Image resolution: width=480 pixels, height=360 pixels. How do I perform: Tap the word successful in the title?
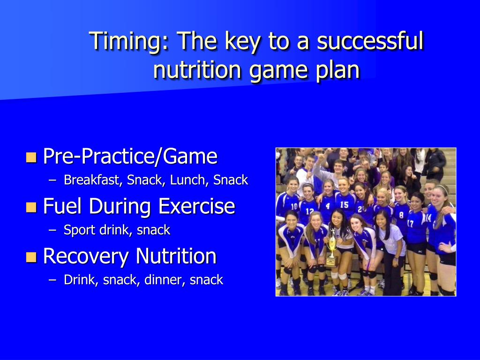370,40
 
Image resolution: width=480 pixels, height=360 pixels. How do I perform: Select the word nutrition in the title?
197,70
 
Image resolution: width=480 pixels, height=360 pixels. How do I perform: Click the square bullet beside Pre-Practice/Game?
31,157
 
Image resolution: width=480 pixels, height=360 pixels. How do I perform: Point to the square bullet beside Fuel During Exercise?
31,207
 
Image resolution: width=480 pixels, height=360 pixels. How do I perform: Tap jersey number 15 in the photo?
344,204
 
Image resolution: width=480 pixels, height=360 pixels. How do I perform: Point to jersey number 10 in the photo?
294,206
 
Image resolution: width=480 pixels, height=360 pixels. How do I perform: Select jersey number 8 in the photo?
401,215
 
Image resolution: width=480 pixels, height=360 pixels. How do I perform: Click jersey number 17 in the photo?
411,224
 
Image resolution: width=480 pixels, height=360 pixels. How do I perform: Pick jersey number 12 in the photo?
310,211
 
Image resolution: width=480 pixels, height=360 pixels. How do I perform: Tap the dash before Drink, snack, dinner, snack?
52,280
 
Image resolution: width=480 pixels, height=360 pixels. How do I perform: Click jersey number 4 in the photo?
328,206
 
